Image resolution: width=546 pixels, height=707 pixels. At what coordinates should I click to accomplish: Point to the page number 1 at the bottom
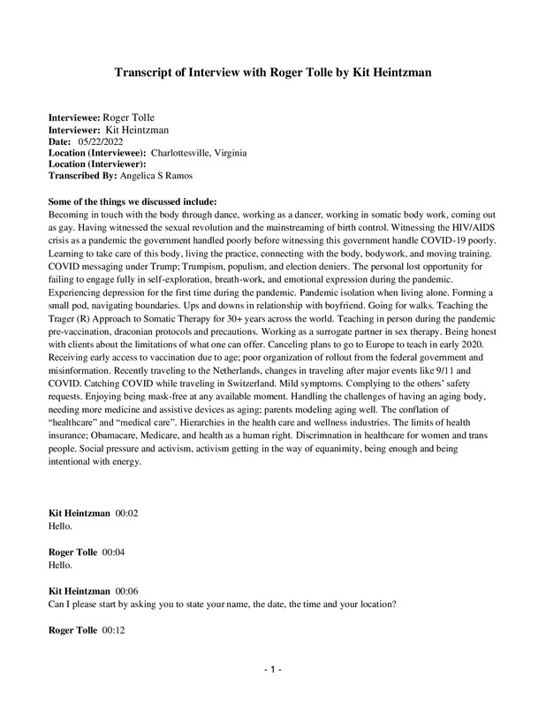click(x=273, y=671)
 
